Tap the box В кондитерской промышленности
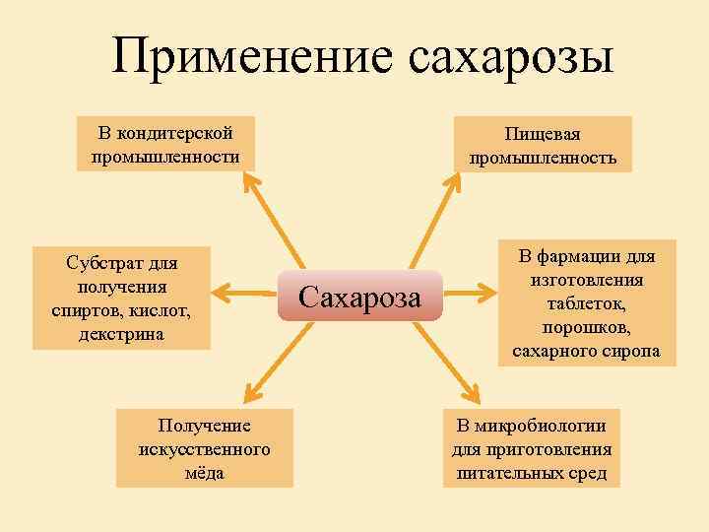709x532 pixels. [165, 144]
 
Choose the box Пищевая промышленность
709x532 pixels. [543, 144]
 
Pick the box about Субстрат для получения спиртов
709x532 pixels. [121, 298]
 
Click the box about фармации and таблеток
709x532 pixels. [586, 302]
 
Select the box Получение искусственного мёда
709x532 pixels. [204, 448]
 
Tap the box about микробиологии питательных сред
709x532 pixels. [532, 448]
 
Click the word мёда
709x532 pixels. [204, 472]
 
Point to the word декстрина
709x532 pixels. [122, 334]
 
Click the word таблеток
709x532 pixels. [587, 303]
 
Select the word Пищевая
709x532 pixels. [543, 133]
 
